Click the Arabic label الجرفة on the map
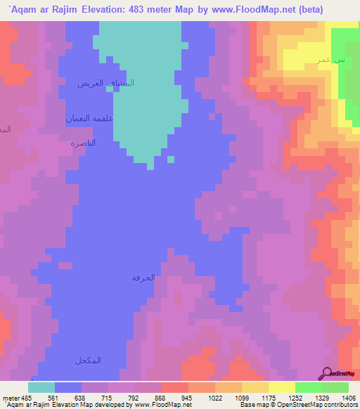(143, 278)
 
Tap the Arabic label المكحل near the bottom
(88, 361)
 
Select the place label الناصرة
(82, 143)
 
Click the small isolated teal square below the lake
(171, 158)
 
